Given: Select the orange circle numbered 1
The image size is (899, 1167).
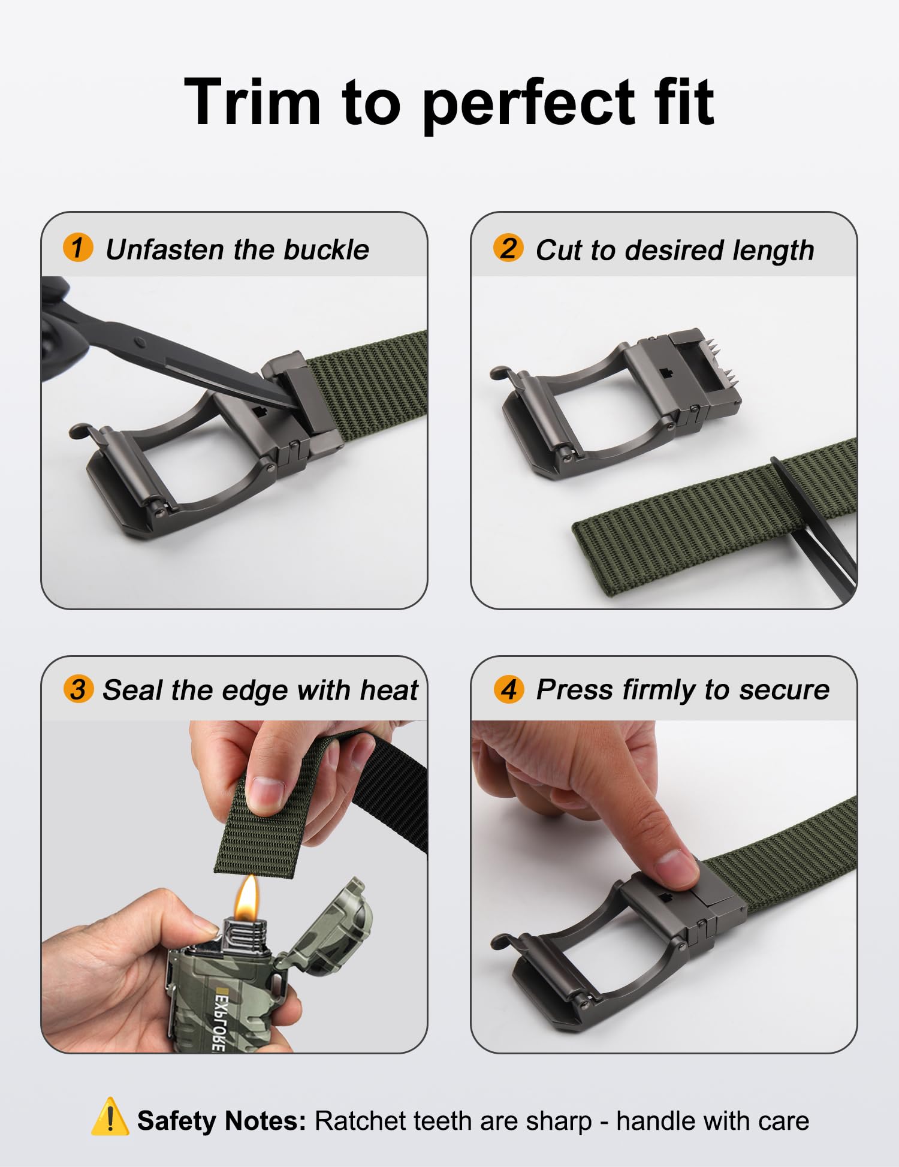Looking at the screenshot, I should click(x=78, y=248).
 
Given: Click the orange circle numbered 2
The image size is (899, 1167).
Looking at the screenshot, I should click(x=508, y=248).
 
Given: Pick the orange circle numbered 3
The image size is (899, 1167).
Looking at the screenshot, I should click(x=79, y=689).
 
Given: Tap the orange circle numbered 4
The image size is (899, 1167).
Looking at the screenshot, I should click(x=509, y=689).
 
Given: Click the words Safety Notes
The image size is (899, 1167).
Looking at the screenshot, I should click(x=221, y=1120).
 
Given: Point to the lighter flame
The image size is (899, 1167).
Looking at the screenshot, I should click(x=246, y=897).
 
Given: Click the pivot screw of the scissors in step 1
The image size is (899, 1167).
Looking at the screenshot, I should click(x=140, y=342).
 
